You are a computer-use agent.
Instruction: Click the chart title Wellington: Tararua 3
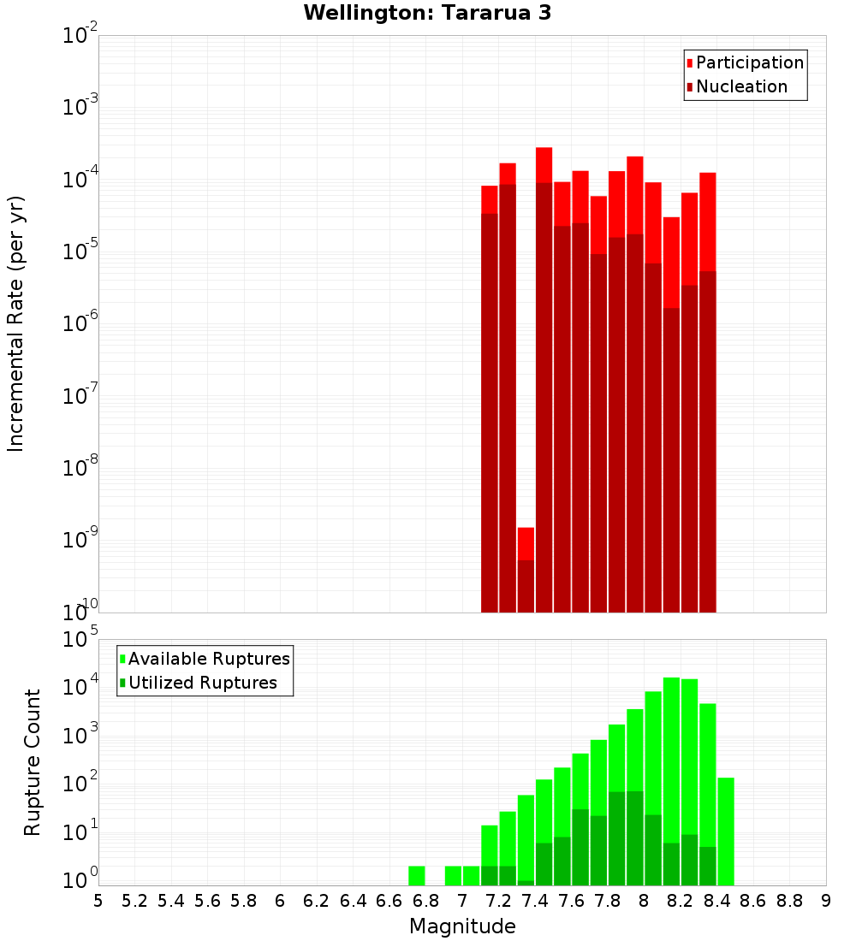click(x=427, y=13)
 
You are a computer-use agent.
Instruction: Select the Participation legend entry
click(x=749, y=62)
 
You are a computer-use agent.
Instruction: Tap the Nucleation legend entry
click(x=741, y=86)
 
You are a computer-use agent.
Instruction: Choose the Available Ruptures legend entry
click(x=209, y=659)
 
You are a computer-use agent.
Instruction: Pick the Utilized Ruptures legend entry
click(x=202, y=683)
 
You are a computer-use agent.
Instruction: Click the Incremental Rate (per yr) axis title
click(x=16, y=324)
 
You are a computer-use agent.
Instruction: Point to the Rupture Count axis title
click(x=33, y=762)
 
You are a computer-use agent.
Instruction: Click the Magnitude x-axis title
click(x=462, y=926)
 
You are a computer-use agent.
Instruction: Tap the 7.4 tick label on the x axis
click(x=535, y=900)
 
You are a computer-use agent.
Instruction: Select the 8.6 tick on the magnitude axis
click(x=753, y=900)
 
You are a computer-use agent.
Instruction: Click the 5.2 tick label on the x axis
click(x=135, y=900)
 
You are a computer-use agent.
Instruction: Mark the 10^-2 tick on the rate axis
click(x=80, y=36)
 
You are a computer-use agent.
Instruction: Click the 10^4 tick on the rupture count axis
click(x=80, y=687)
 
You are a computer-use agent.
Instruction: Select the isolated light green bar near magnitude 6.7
click(x=417, y=876)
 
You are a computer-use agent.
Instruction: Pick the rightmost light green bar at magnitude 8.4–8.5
click(x=726, y=831)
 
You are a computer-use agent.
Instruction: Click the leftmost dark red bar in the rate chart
click(x=490, y=411)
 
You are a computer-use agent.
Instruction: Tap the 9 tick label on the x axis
click(x=826, y=900)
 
